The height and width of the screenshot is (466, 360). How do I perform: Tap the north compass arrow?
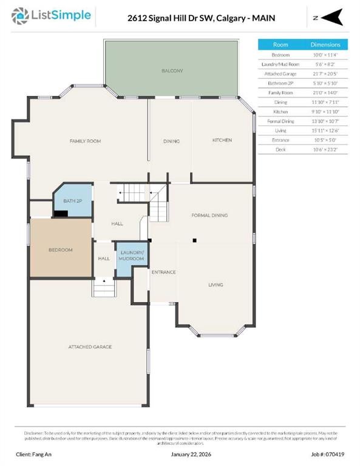click(334, 18)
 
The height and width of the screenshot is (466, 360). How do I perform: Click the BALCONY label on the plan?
click(172, 71)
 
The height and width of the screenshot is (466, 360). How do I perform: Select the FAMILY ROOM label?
click(85, 141)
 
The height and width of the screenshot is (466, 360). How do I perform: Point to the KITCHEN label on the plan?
click(222, 140)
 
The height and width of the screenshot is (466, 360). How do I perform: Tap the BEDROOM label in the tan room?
click(61, 249)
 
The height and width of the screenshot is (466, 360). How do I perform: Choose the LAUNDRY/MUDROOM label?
click(132, 255)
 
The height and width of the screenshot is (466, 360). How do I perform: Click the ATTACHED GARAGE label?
click(89, 346)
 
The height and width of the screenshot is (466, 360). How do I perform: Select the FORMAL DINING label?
click(209, 215)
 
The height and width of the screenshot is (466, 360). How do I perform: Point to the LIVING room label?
click(216, 285)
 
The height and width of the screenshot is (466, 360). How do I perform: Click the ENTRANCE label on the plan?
click(163, 272)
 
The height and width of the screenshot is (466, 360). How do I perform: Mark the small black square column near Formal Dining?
click(194, 241)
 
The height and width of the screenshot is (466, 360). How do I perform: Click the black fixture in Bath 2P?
click(61, 213)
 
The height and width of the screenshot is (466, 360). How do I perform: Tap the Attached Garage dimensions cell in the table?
click(325, 73)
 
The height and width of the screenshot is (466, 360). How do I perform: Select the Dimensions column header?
click(325, 45)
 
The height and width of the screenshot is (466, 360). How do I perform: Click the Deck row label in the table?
click(280, 149)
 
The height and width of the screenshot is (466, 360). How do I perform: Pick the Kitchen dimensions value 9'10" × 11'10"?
click(325, 111)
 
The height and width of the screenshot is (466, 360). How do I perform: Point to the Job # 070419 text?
click(327, 454)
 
